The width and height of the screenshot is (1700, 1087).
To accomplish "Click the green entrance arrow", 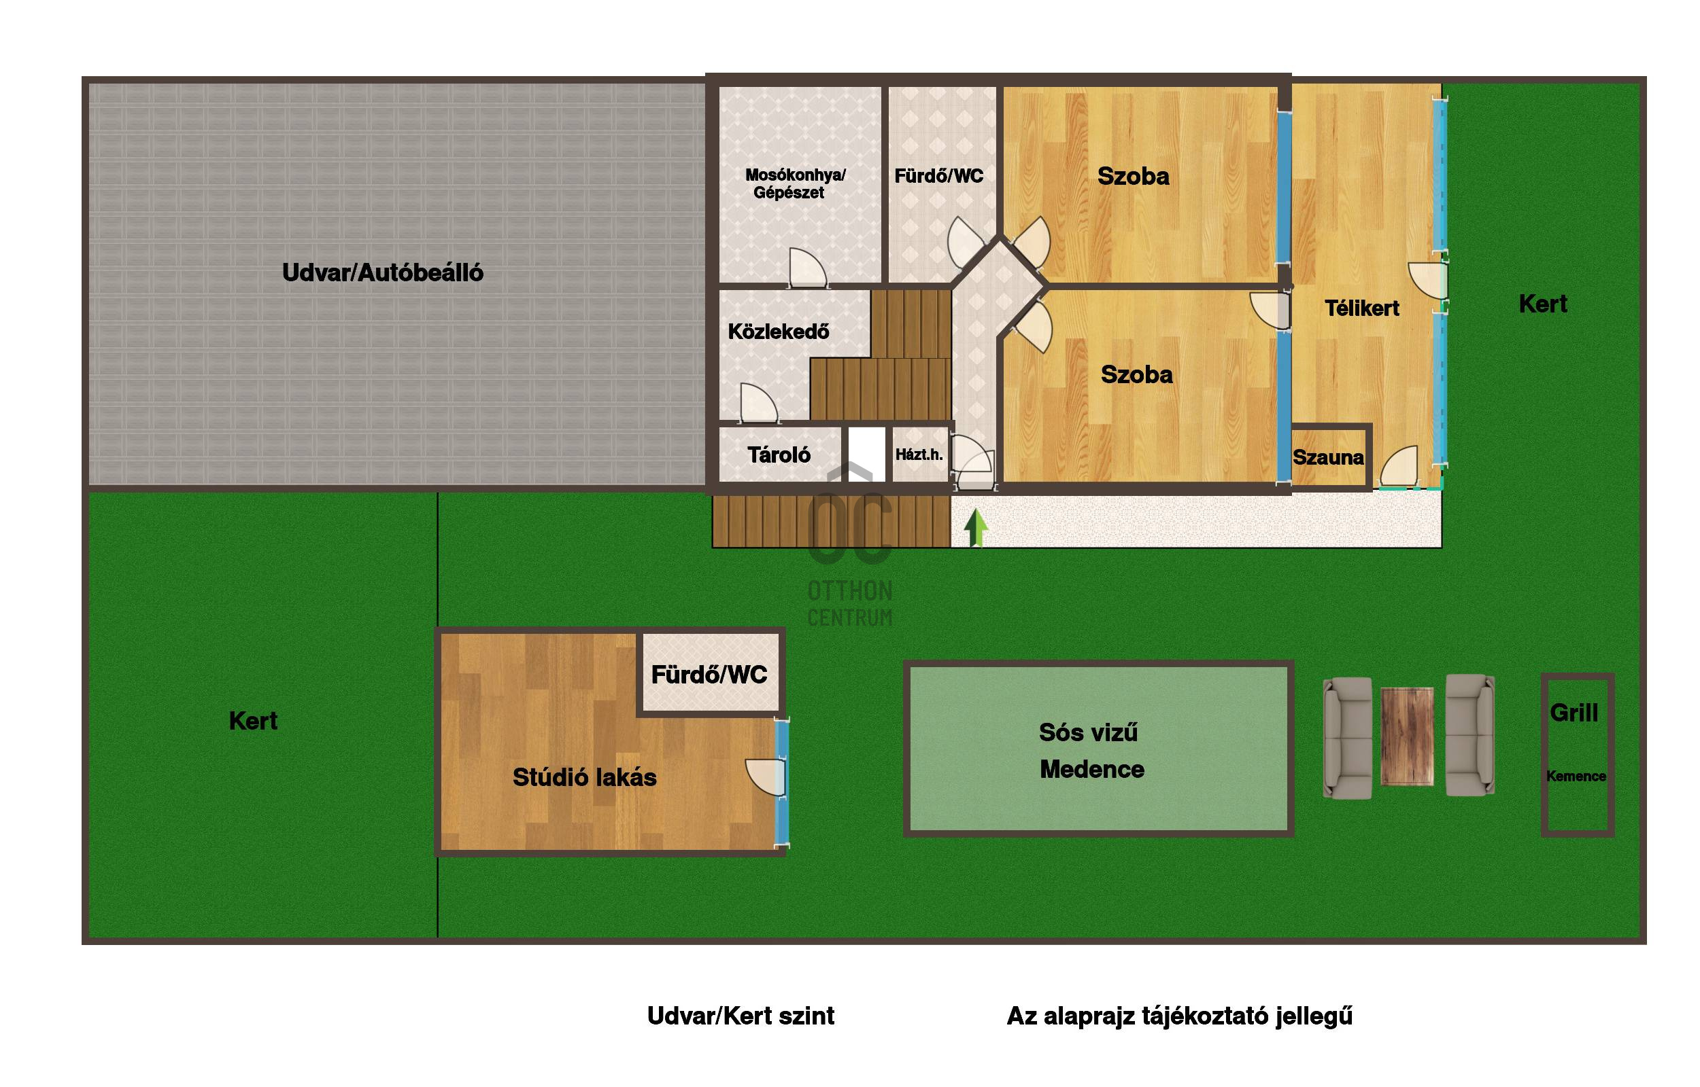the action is pyautogui.click(x=975, y=527).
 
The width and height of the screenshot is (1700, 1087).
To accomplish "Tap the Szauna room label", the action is pyautogui.click(x=1328, y=457).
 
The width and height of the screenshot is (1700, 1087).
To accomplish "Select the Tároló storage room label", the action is pyautogui.click(x=779, y=455).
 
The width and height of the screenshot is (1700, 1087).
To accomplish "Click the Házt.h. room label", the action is pyautogui.click(x=919, y=455).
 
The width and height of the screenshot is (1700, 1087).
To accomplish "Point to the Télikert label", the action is pyautogui.click(x=1361, y=308).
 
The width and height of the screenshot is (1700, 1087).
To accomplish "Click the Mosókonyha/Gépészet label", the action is pyautogui.click(x=794, y=183).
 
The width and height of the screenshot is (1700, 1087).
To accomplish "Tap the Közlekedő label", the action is pyautogui.click(x=779, y=332).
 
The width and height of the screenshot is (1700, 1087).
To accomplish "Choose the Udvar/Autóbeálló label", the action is pyautogui.click(x=383, y=273).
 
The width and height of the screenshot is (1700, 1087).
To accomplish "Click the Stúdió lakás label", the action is pyautogui.click(x=584, y=777).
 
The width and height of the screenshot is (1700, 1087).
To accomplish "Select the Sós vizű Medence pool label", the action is pyautogui.click(x=1091, y=751).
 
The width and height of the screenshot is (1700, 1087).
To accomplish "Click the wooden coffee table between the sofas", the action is pyautogui.click(x=1407, y=736).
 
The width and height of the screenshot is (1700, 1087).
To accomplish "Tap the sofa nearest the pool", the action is pyautogui.click(x=1348, y=738).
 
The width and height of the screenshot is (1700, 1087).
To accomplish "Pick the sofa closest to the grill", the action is pyautogui.click(x=1469, y=736).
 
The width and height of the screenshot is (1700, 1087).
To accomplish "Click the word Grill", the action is pyautogui.click(x=1574, y=713).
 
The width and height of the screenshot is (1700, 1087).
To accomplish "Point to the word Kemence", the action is pyautogui.click(x=1576, y=777).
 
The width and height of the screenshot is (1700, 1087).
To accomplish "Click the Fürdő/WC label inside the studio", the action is pyautogui.click(x=709, y=675).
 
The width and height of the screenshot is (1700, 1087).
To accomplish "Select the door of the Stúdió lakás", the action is pyautogui.click(x=766, y=777).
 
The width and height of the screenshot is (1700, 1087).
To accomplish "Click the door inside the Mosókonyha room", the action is pyautogui.click(x=807, y=268).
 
